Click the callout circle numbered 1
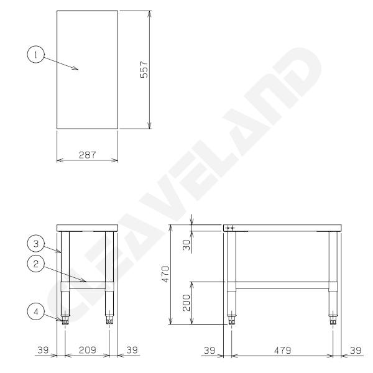37,55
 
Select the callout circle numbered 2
37,264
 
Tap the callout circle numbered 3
37,242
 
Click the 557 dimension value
144,68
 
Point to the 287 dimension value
87,154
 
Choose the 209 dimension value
87,350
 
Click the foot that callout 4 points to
64,320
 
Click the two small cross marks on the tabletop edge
229,228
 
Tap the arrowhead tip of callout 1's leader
78,70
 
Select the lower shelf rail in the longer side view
282,285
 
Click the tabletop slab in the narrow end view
87,228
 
